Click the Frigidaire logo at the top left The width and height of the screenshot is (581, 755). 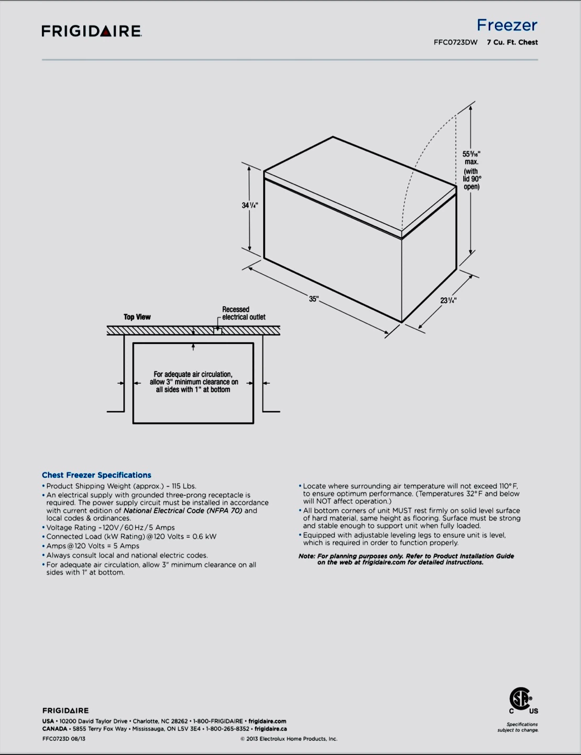click(x=92, y=31)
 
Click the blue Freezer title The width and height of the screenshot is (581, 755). click(x=507, y=25)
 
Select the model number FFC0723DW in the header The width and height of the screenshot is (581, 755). click(x=455, y=42)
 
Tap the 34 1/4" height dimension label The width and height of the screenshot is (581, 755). click(x=250, y=205)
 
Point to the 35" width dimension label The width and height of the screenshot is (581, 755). click(x=313, y=299)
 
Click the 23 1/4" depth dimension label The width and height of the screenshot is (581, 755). click(x=448, y=300)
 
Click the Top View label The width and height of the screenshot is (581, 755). click(x=137, y=317)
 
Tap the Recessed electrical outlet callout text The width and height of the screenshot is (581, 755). click(x=243, y=313)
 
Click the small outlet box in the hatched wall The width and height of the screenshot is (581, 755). click(x=217, y=331)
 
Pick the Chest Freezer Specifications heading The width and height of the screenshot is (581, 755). click(x=96, y=475)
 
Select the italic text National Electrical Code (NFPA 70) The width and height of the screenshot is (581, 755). click(x=182, y=511)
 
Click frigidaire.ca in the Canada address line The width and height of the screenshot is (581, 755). click(x=270, y=729)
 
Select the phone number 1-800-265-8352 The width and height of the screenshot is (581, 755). click(x=227, y=729)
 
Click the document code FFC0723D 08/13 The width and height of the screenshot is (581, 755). click(x=64, y=739)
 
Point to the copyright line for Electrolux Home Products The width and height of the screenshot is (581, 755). click(x=289, y=739)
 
